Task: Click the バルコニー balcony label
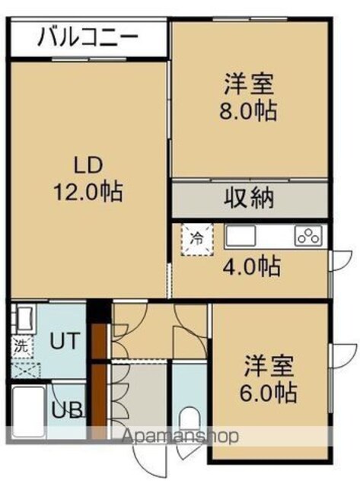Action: [88, 37]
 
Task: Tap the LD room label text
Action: [88, 165]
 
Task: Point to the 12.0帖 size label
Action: [88, 192]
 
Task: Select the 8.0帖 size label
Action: [248, 111]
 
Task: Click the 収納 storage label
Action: [249, 198]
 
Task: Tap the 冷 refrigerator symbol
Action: [198, 239]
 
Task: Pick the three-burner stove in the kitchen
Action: [309, 236]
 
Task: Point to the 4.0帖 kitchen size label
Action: [252, 266]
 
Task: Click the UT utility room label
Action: [65, 341]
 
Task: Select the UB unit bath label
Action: [67, 410]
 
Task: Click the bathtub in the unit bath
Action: [28, 412]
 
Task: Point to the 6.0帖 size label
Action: [268, 393]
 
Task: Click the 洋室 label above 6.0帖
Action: [269, 367]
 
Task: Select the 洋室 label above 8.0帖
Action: [249, 84]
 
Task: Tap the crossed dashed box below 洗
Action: [25, 371]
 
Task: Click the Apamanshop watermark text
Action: [180, 437]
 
